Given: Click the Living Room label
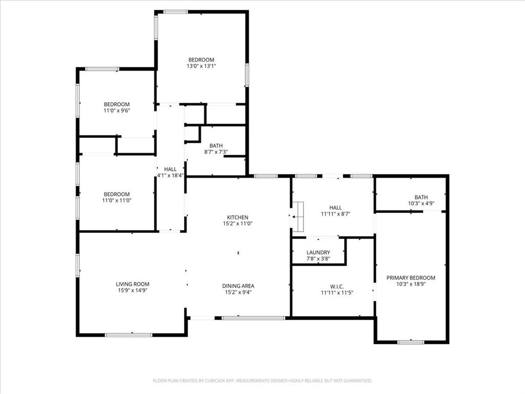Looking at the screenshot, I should pyautogui.click(x=132, y=284).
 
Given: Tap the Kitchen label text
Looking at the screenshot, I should pyautogui.click(x=238, y=218).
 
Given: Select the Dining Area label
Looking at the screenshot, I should pyautogui.click(x=238, y=286).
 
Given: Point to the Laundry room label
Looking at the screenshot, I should pyautogui.click(x=318, y=252).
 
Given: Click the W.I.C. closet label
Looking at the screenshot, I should pyautogui.click(x=332, y=286).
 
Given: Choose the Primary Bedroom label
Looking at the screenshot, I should pyautogui.click(x=410, y=278).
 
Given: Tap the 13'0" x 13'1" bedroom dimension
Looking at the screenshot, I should pyautogui.click(x=200, y=66).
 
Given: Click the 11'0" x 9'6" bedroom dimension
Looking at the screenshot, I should pyautogui.click(x=116, y=111).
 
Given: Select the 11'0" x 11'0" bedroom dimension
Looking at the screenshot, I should pyautogui.click(x=116, y=201).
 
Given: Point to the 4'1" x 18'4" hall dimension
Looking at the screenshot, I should pyautogui.click(x=170, y=175).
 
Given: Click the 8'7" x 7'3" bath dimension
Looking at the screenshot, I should pyautogui.click(x=216, y=152).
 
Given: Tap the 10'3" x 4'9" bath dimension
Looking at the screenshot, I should pyautogui.click(x=421, y=203).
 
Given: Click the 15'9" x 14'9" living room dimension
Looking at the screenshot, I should pyautogui.click(x=132, y=290).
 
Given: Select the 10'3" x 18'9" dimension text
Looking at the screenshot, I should pyautogui.click(x=410, y=284).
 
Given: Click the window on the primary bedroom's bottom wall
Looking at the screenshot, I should pyautogui.click(x=411, y=342).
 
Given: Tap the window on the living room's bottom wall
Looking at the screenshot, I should pyautogui.click(x=128, y=335).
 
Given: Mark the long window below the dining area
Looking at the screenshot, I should pyautogui.click(x=253, y=318).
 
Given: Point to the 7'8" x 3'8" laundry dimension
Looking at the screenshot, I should pyautogui.click(x=318, y=259).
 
